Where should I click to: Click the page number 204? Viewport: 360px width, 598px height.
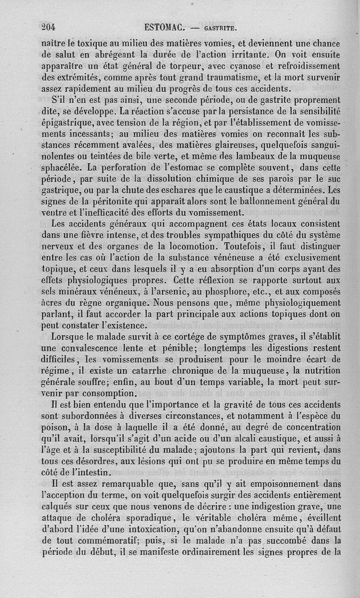pos(48,27)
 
